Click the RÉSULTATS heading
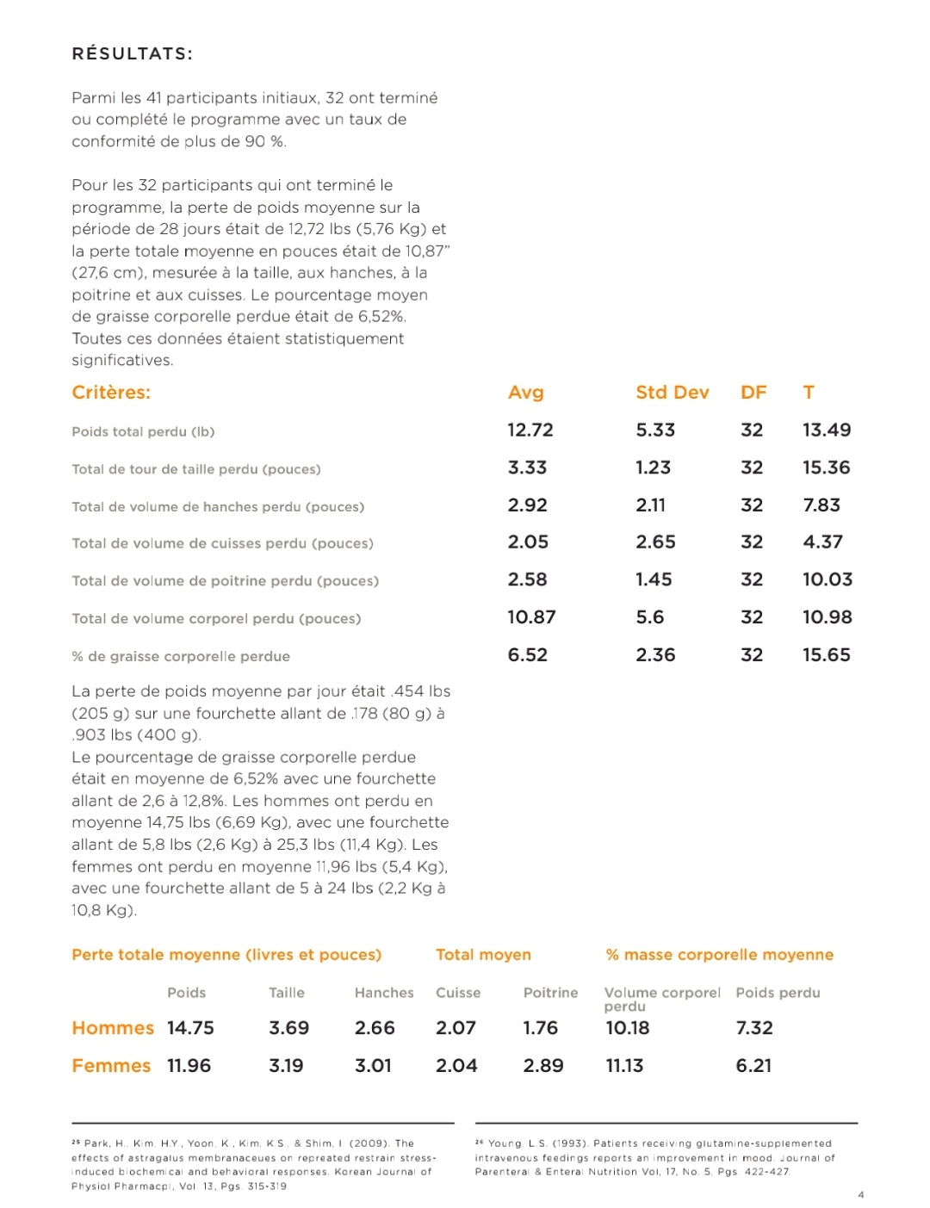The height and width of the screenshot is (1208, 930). (x=132, y=53)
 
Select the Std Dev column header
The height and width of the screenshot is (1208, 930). (x=672, y=393)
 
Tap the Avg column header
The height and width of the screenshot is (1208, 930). (x=525, y=393)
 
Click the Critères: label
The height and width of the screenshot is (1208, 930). (x=111, y=393)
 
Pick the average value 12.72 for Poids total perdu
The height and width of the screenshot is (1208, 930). (x=530, y=430)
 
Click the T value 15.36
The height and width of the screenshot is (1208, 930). (x=826, y=468)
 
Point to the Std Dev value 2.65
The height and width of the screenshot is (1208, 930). (x=655, y=542)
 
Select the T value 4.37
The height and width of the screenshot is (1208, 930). (x=822, y=542)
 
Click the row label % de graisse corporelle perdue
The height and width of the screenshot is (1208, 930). (x=181, y=656)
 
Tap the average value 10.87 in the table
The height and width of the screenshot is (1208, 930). (x=531, y=616)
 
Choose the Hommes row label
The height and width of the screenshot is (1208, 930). (x=113, y=1028)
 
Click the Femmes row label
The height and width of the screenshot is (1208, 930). (x=111, y=1066)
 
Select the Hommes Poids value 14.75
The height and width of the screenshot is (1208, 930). (x=190, y=1028)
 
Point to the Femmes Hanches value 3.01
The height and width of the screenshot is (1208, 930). (x=373, y=1066)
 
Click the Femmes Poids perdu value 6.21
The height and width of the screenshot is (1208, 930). (x=753, y=1066)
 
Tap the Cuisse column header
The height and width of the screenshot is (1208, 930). (x=458, y=993)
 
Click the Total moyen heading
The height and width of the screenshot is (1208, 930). (x=483, y=955)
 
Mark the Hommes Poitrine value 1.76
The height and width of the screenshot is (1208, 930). (x=540, y=1028)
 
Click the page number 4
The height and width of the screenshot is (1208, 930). (x=860, y=1194)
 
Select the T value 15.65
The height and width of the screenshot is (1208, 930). (x=826, y=654)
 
